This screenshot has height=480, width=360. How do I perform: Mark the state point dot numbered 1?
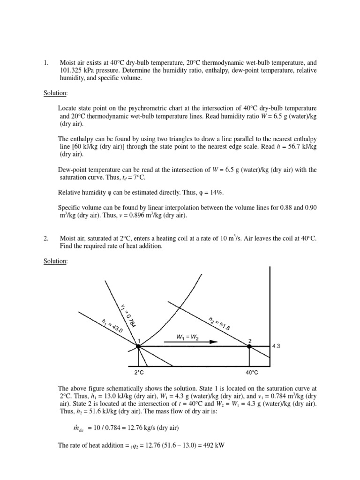(x=138, y=346)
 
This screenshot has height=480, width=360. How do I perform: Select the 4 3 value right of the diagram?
(x=277, y=346)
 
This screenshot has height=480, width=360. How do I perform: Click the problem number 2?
(x=45, y=239)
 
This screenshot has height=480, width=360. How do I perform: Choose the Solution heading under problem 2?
(x=55, y=261)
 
